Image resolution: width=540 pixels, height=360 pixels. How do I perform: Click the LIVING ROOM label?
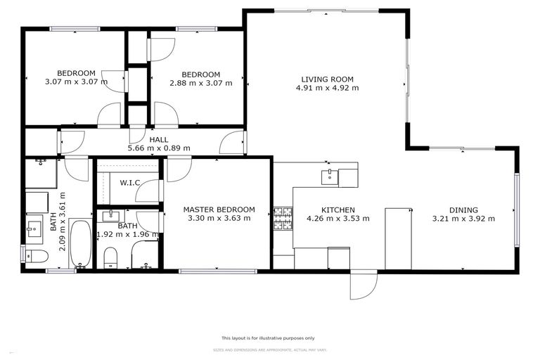(x=327, y=79)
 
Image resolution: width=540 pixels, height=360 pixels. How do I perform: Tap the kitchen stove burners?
(x=283, y=218)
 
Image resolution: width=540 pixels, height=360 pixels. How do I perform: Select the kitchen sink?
(x=328, y=176)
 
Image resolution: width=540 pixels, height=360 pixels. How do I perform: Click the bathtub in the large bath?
(x=79, y=244)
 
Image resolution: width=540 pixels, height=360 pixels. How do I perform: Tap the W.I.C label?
(x=130, y=184)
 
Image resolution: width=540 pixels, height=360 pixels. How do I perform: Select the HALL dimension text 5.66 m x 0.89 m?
(x=148, y=148)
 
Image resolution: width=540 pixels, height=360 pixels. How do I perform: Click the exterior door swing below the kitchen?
(x=364, y=285)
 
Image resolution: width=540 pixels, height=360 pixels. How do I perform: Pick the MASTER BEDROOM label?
(x=219, y=210)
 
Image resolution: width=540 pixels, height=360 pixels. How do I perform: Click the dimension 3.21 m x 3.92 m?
(x=463, y=219)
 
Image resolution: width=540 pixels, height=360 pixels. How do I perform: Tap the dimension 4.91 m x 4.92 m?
(x=327, y=88)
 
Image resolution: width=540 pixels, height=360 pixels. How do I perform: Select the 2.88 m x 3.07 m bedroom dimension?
(x=200, y=83)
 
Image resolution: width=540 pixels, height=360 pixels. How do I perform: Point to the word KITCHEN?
(x=337, y=210)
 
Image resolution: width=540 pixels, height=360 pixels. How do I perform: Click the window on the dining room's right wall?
(x=516, y=211)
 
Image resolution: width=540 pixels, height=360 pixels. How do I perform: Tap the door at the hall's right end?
(x=231, y=143)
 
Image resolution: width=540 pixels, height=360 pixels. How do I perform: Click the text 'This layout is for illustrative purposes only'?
(x=268, y=337)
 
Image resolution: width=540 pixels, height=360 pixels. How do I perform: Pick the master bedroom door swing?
(x=178, y=169)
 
